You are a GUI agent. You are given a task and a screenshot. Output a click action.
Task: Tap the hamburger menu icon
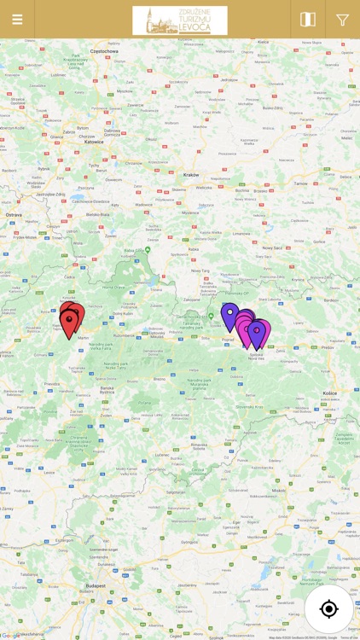tap(17, 20)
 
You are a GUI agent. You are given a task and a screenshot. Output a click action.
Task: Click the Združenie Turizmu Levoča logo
tap(180, 20)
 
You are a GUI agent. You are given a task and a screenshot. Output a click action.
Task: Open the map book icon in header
tap(308, 20)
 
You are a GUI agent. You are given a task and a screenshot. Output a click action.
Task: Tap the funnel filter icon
tap(343, 20)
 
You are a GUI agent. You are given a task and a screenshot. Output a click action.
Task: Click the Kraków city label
tap(190, 174)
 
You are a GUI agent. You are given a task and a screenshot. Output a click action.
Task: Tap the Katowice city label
tap(94, 142)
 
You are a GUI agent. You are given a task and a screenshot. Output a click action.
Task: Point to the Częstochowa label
tap(103, 51)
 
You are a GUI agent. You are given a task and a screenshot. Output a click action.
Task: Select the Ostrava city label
tap(14, 215)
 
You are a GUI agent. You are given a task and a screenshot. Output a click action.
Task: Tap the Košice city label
tap(329, 393)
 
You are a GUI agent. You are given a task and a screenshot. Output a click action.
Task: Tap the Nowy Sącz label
tap(273, 247)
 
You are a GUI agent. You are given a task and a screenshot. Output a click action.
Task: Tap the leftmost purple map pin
tap(229, 315)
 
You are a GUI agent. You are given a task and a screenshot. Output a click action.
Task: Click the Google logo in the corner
tap(10, 635)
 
